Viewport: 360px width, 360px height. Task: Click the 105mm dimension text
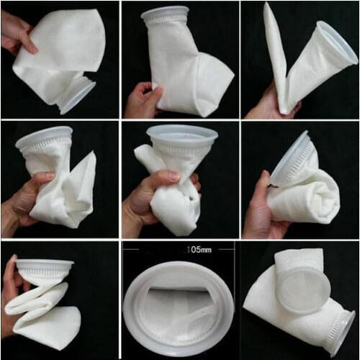(x=178, y=250)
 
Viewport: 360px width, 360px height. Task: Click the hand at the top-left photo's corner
(x=16, y=32)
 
